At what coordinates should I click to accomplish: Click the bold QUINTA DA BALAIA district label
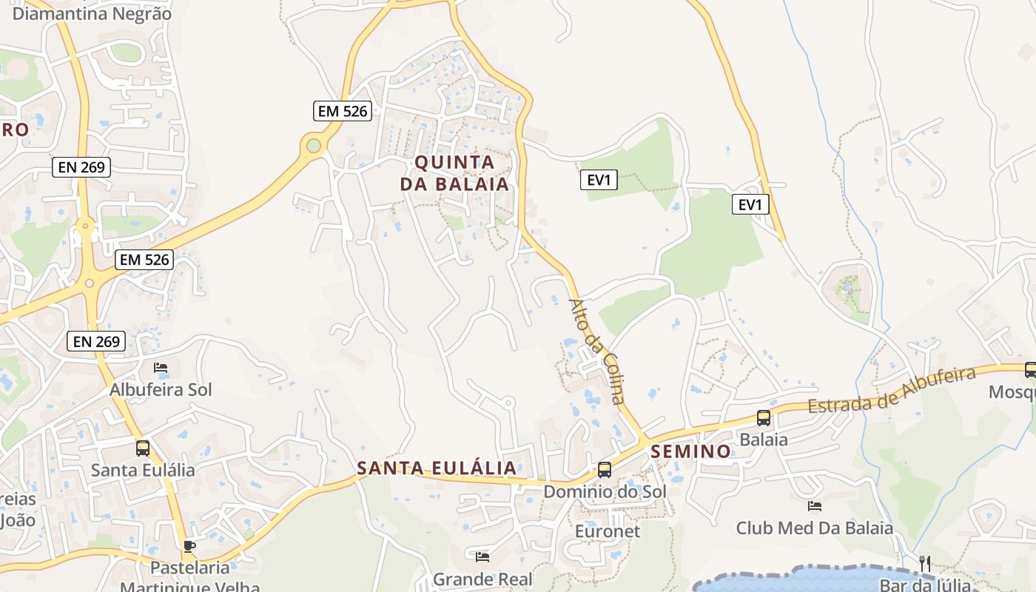[x=455, y=173]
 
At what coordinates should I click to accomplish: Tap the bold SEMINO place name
[x=691, y=451]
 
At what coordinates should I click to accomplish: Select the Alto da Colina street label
[x=596, y=351]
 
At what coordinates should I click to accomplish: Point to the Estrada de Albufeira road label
[x=892, y=390]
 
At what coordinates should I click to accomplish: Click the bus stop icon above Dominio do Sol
[x=605, y=470]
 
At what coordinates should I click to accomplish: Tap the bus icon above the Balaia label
[x=764, y=418]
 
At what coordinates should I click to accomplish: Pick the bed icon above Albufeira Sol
[x=161, y=368]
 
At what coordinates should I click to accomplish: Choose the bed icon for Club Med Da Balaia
[x=815, y=506]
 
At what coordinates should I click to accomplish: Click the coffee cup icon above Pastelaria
[x=189, y=546]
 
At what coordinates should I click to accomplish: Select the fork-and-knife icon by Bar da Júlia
[x=924, y=564]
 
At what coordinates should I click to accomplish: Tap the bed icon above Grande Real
[x=482, y=556]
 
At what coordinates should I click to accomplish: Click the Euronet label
[x=608, y=531]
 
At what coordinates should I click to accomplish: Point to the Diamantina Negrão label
[x=92, y=13]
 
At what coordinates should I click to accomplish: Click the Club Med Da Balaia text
[x=814, y=528]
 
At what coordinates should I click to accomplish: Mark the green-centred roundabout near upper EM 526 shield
[x=314, y=146]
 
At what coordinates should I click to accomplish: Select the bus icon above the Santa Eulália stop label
[x=143, y=448]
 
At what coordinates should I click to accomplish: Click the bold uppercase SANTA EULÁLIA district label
[x=437, y=468]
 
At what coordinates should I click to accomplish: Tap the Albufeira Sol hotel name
[x=161, y=389]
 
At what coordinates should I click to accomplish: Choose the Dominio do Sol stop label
[x=605, y=491]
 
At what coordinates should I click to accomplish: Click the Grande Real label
[x=482, y=579]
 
